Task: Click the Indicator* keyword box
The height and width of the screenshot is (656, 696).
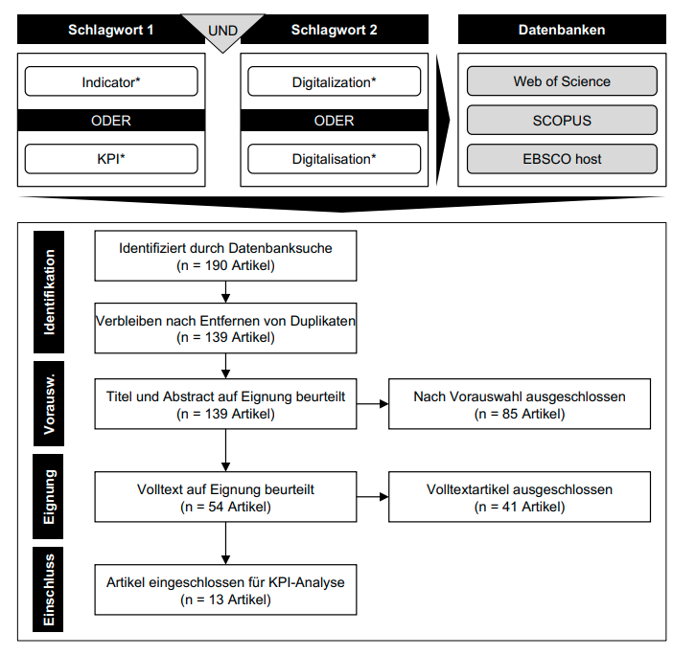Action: click(111, 81)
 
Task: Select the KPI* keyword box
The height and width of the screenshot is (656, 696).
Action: click(111, 159)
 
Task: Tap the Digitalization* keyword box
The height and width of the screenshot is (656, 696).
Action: click(335, 81)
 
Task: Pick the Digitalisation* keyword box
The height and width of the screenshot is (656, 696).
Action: click(335, 159)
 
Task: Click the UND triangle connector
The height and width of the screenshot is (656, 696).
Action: click(222, 30)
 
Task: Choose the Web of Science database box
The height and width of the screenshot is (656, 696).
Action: click(562, 81)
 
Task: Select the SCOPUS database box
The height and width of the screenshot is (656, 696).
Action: click(562, 121)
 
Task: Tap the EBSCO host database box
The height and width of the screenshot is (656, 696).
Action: click(562, 159)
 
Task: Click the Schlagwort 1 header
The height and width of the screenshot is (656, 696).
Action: click(111, 30)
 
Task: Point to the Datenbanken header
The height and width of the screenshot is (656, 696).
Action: click(562, 30)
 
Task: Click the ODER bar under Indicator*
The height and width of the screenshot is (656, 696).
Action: click(111, 121)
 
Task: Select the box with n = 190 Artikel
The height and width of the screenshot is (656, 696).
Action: click(225, 256)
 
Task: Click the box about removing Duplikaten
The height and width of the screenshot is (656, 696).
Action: click(225, 328)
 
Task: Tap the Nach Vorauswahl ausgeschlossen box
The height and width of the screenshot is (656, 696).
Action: click(520, 404)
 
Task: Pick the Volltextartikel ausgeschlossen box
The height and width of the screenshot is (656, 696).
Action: click(520, 497)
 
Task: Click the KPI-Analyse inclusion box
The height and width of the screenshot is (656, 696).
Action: click(225, 590)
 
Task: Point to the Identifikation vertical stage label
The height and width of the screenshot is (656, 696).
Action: click(49, 292)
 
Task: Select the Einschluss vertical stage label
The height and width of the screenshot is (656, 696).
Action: click(48, 590)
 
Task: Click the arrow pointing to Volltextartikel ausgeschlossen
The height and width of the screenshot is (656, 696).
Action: click(372, 497)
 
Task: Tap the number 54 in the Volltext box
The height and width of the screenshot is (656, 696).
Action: click(216, 507)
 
